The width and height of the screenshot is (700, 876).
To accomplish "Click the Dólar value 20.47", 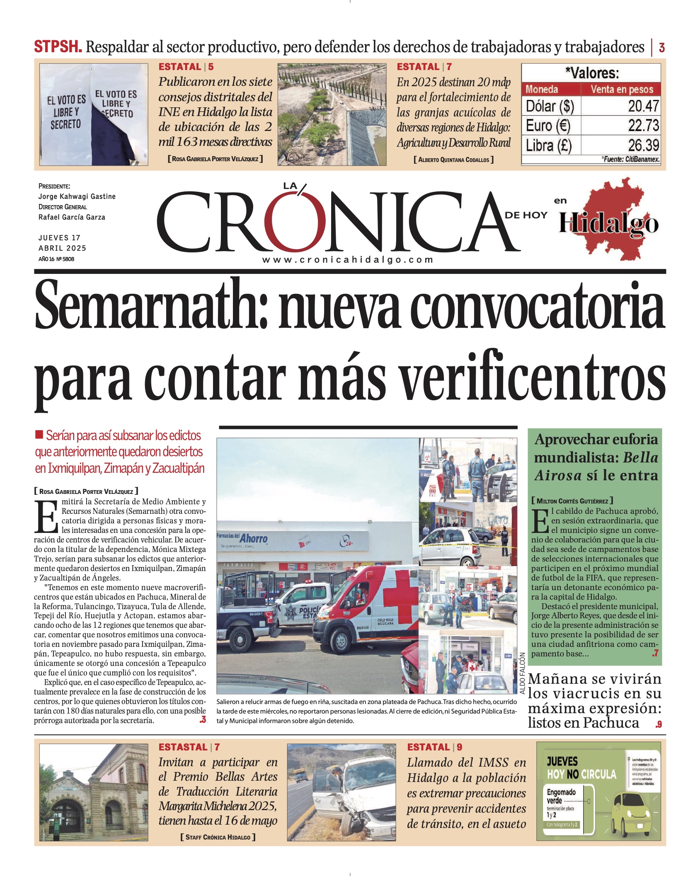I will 643,106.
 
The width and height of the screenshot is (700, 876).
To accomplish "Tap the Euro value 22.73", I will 643,126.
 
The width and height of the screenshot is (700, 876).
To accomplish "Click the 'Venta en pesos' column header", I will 621,89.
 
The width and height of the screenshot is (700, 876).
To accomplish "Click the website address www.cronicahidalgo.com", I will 348,260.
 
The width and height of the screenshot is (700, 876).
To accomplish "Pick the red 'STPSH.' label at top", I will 58,47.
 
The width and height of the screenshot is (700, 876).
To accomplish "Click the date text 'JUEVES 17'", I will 59,238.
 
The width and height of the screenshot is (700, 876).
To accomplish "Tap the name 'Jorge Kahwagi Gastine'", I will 77,196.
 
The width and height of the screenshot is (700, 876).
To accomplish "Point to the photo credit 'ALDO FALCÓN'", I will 523,673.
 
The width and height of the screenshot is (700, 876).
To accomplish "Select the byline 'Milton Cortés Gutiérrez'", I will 572,501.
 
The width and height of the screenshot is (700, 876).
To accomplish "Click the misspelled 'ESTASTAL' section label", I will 183,747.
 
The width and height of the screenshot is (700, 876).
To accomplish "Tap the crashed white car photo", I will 342,792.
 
